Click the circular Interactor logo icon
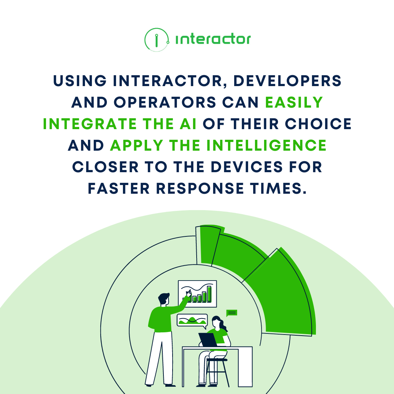coord(157,40)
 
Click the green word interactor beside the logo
coord(213,39)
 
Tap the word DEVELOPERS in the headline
coord(287,81)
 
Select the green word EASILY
coord(294,102)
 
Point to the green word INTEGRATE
coord(90,124)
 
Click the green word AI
coord(188,124)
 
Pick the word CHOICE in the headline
coord(318,124)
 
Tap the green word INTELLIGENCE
coord(266,146)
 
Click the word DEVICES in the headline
coord(247,167)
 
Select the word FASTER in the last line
coord(119,189)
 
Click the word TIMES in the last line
coord(276,189)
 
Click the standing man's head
coord(164,299)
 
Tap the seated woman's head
coord(216,321)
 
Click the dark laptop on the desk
coord(208,340)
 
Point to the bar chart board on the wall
coord(197,294)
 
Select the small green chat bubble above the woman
coord(232,313)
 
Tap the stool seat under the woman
coord(217,360)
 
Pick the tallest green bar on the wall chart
coord(209,294)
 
